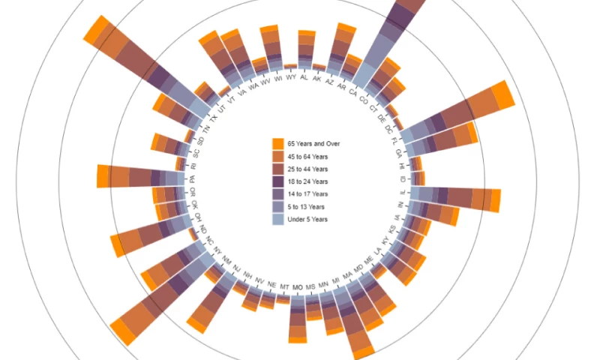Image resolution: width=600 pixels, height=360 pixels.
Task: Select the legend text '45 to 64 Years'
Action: click(x=308, y=157)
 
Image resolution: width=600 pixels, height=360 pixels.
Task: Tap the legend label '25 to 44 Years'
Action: click(x=308, y=169)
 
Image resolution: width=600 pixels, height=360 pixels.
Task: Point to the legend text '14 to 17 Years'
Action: click(x=308, y=194)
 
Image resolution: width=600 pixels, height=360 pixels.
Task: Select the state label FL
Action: click(x=395, y=140)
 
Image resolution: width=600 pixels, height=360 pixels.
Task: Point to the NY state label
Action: click(x=218, y=250)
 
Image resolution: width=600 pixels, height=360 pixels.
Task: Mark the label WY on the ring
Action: click(x=291, y=78)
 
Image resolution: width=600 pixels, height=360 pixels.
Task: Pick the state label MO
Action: click(x=298, y=287)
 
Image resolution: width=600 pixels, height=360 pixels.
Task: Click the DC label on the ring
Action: click(x=388, y=129)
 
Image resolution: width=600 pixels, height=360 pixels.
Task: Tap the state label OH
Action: click(x=199, y=217)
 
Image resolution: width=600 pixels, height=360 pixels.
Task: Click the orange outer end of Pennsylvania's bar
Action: click(x=103, y=176)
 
